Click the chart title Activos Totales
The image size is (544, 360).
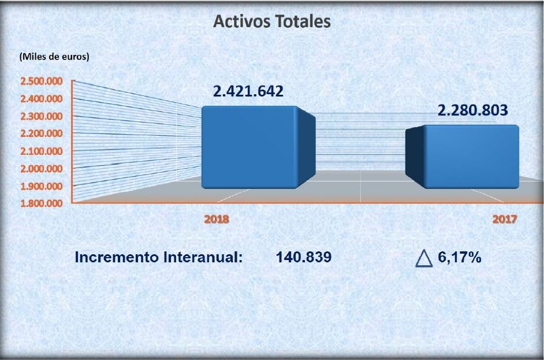[271, 21]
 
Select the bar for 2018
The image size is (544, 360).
[249, 147]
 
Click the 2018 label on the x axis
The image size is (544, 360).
[217, 220]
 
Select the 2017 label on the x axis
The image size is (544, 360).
[504, 220]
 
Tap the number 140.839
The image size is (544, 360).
[304, 258]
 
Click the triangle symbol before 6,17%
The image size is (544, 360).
[424, 258]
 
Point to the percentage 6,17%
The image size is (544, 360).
[460, 258]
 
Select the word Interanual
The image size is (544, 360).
[199, 258]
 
